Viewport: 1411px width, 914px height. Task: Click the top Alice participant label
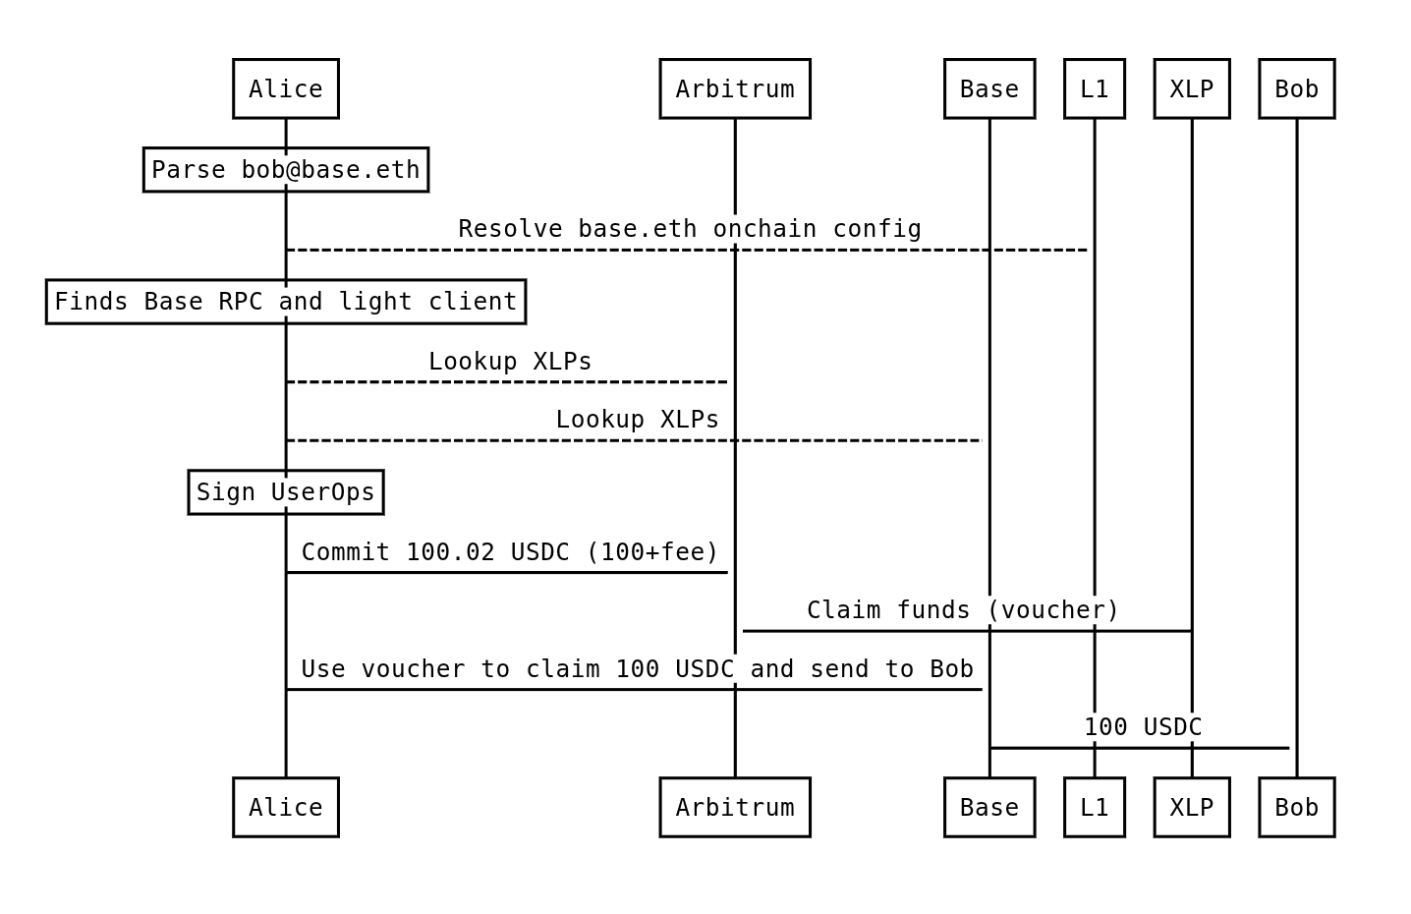coord(286,89)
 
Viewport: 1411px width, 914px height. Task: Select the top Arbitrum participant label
coord(735,89)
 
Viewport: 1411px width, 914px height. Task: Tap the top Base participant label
coord(989,89)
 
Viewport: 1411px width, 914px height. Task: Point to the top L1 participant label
coord(1095,89)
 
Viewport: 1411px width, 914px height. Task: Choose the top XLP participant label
coord(1192,89)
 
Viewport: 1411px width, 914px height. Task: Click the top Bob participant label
coord(1297,89)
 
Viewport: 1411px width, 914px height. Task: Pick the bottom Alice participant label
coord(286,808)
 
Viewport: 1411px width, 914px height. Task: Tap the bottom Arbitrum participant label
coord(735,808)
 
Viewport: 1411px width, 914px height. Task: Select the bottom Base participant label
coord(989,808)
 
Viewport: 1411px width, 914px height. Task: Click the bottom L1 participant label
coord(1095,808)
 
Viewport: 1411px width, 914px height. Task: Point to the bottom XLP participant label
coord(1192,808)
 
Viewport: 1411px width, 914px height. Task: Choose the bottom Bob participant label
coord(1297,808)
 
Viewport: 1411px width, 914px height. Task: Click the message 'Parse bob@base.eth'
coord(286,170)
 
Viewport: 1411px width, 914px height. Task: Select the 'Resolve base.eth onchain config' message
coord(690,229)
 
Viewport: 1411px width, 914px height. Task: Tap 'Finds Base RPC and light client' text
coord(286,302)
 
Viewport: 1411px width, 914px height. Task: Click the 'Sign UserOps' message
coord(286,492)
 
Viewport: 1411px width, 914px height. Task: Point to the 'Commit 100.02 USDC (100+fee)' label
coord(511,552)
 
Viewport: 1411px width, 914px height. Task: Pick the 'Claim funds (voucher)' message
coord(963,610)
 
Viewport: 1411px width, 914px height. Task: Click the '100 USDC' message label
coord(1144,727)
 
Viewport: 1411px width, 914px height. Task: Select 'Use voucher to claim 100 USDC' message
coord(638,669)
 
